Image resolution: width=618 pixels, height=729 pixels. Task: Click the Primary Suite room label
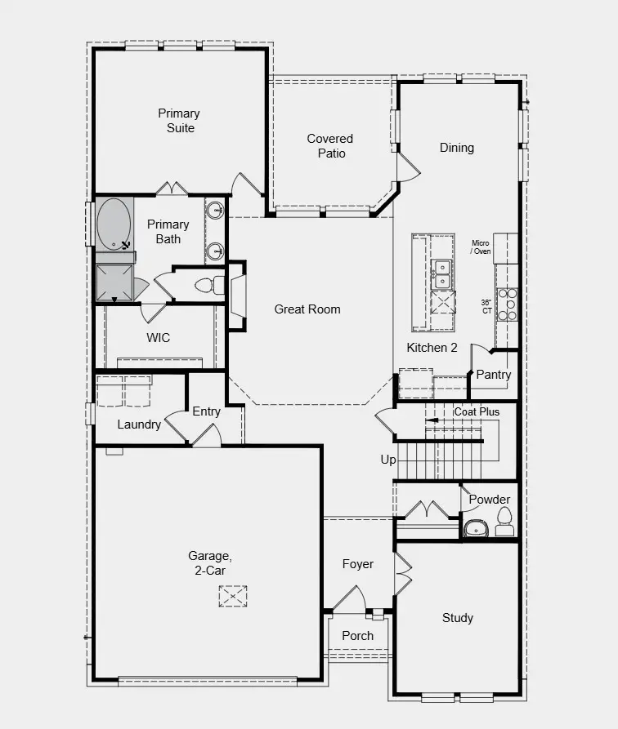click(x=179, y=121)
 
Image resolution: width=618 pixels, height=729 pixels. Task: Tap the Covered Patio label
click(x=330, y=146)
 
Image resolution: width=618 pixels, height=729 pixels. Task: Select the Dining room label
click(x=457, y=148)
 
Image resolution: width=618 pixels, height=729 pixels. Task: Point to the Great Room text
click(x=307, y=309)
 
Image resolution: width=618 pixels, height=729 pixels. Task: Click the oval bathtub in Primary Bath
click(x=114, y=223)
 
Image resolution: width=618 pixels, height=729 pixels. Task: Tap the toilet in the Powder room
click(x=504, y=517)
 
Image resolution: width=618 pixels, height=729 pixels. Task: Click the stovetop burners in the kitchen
click(x=508, y=304)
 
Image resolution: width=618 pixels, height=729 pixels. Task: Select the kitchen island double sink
click(x=442, y=273)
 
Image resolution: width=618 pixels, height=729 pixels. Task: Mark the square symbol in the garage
click(x=233, y=596)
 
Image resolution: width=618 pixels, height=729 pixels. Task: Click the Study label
click(x=458, y=618)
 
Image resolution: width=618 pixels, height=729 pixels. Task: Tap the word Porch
click(x=358, y=636)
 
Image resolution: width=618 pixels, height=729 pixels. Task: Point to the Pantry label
click(x=494, y=375)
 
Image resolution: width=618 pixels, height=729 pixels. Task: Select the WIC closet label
click(x=159, y=337)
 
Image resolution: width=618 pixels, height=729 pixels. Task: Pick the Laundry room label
click(x=139, y=425)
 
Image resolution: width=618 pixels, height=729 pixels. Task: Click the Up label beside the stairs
click(x=388, y=460)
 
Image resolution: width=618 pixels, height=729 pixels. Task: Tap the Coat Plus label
click(x=477, y=412)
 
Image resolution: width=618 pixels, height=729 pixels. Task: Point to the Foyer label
click(x=358, y=564)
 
